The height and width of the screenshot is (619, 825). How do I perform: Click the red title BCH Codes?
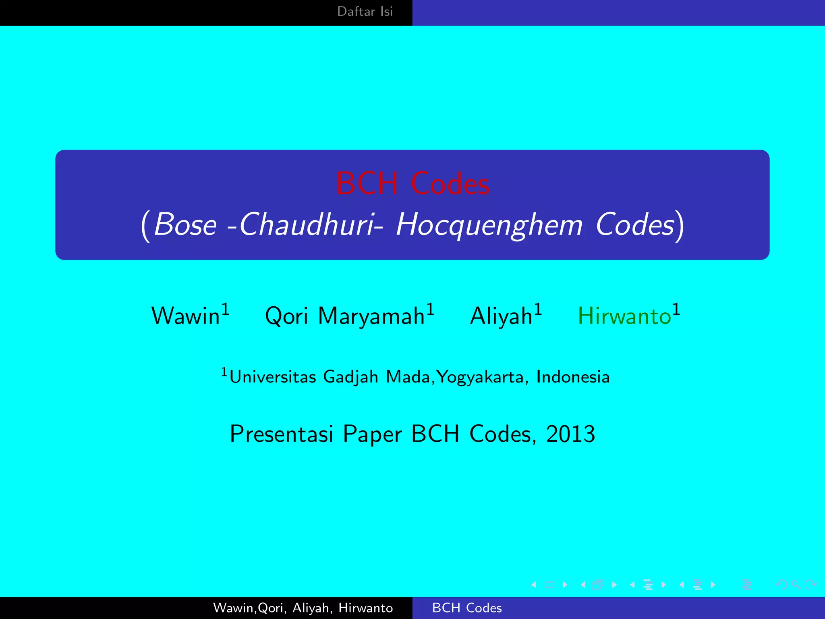[x=412, y=184]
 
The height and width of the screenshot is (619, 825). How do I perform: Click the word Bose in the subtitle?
[x=185, y=225]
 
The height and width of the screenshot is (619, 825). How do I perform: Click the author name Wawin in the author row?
[x=185, y=316]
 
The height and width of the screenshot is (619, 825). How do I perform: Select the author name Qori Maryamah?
[x=345, y=316]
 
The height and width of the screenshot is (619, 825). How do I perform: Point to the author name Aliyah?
[x=501, y=316]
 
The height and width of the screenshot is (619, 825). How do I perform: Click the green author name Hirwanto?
[x=624, y=316]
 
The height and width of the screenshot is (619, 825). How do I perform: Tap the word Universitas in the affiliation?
[x=273, y=377]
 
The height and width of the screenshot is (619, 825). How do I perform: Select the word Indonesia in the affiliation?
[x=573, y=377]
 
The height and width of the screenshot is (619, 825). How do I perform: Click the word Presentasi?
[x=281, y=434]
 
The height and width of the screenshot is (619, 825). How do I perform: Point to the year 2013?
[x=570, y=434]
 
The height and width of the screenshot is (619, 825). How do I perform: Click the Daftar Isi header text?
[x=365, y=11]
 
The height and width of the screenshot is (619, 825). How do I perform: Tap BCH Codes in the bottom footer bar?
[x=467, y=608]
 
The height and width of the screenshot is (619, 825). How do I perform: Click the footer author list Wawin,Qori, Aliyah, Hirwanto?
[x=303, y=608]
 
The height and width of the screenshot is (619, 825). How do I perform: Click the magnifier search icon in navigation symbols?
[x=796, y=584]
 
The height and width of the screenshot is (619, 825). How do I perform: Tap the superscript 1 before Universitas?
[x=224, y=372]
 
